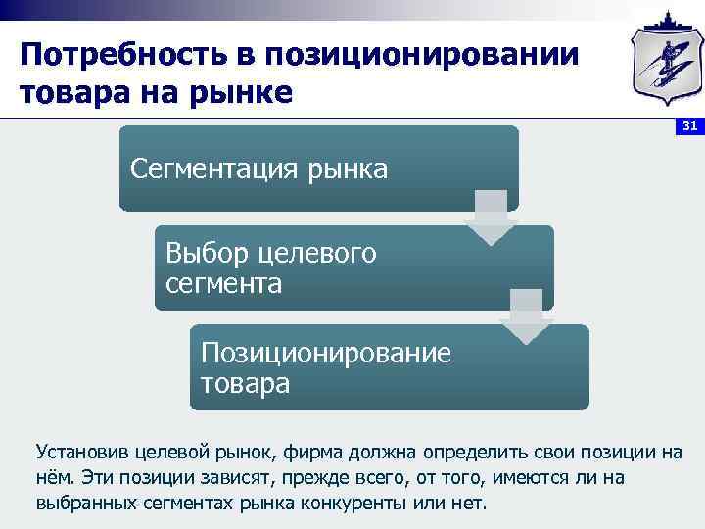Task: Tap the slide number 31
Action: click(688, 126)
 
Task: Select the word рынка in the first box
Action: click(344, 169)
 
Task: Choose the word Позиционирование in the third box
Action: click(325, 353)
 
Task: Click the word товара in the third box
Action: click(245, 383)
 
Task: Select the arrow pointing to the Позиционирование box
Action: click(526, 316)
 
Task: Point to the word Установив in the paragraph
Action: click(80, 452)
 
